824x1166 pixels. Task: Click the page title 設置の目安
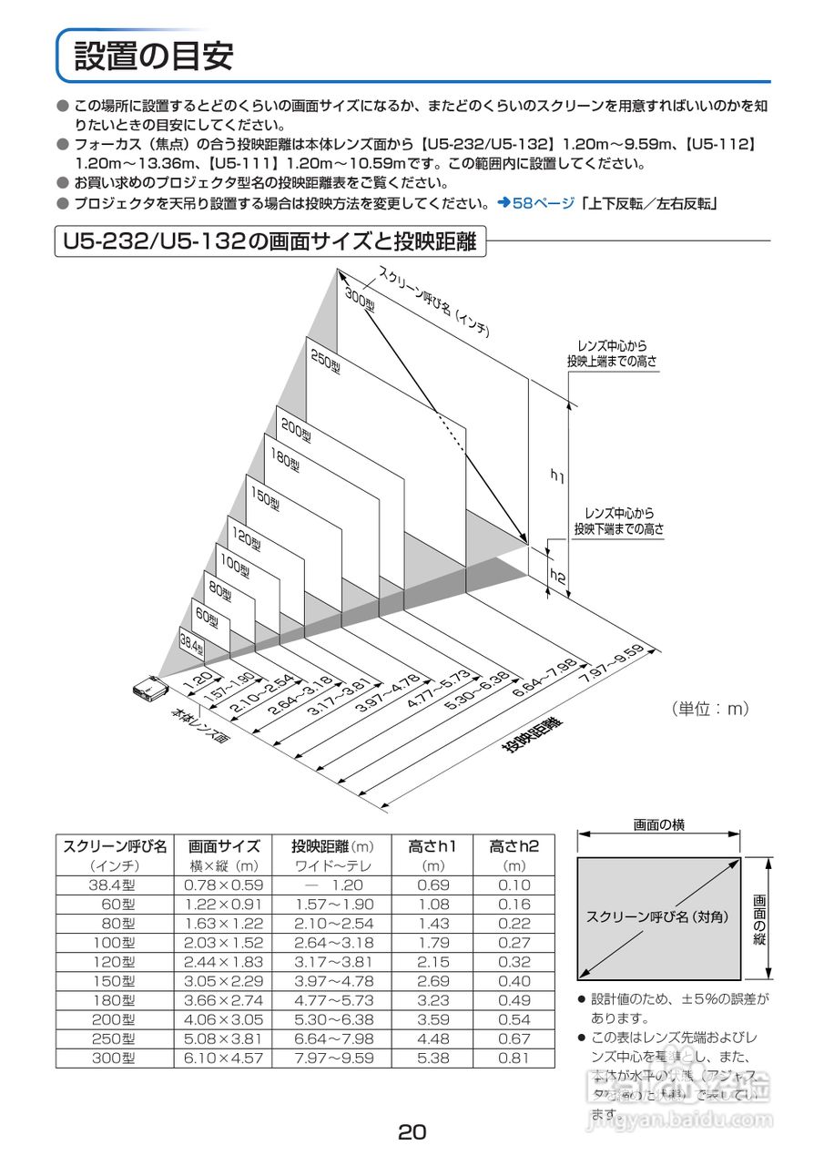(153, 56)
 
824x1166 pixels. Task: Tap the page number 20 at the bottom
(412, 1132)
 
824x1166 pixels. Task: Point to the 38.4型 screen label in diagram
(191, 646)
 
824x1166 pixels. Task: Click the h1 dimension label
(558, 475)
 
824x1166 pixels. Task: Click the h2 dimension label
(558, 577)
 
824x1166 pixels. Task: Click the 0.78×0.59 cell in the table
(223, 885)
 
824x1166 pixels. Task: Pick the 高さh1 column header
(432, 846)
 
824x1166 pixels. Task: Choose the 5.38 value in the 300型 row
(432, 1059)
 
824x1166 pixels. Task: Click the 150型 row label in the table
(115, 981)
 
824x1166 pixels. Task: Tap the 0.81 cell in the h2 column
(514, 1059)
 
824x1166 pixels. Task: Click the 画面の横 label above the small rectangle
(659, 825)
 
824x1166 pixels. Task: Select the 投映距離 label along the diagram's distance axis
(532, 735)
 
